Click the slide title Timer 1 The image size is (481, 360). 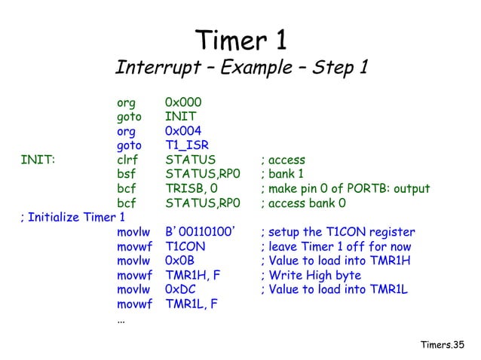[x=240, y=39]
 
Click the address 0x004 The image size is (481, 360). [x=183, y=131]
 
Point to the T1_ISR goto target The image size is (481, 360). [x=187, y=145]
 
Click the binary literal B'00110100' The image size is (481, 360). [x=201, y=232]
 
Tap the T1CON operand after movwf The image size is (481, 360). [x=185, y=246]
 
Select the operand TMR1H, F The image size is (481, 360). [x=193, y=276]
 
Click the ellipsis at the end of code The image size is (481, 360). [x=121, y=319]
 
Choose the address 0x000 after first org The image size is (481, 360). [x=183, y=102]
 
